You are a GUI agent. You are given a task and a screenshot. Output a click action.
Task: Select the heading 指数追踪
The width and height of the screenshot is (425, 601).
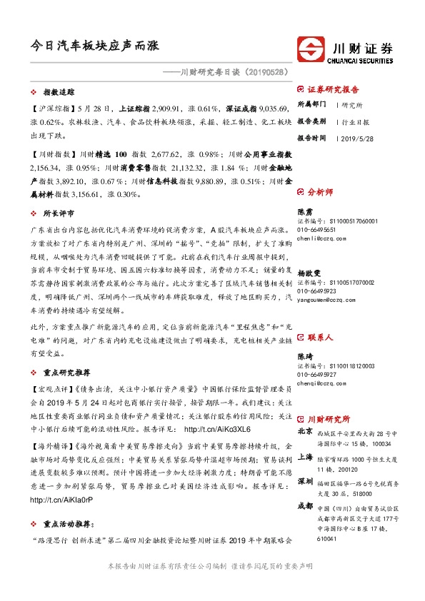coord(59,93)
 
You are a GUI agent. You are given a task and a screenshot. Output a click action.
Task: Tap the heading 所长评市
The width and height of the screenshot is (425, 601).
coord(59,213)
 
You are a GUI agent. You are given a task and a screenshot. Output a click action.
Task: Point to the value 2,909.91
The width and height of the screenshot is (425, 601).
coord(169,108)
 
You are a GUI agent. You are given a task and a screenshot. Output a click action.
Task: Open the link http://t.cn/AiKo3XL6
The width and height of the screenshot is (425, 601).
coord(217,430)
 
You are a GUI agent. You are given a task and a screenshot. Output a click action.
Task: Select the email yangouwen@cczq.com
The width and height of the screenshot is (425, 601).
coord(326,298)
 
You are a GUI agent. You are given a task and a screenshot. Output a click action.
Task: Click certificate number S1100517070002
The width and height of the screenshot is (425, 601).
coord(345,283)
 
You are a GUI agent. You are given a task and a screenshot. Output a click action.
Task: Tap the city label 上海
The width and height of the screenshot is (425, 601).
coord(304,459)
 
